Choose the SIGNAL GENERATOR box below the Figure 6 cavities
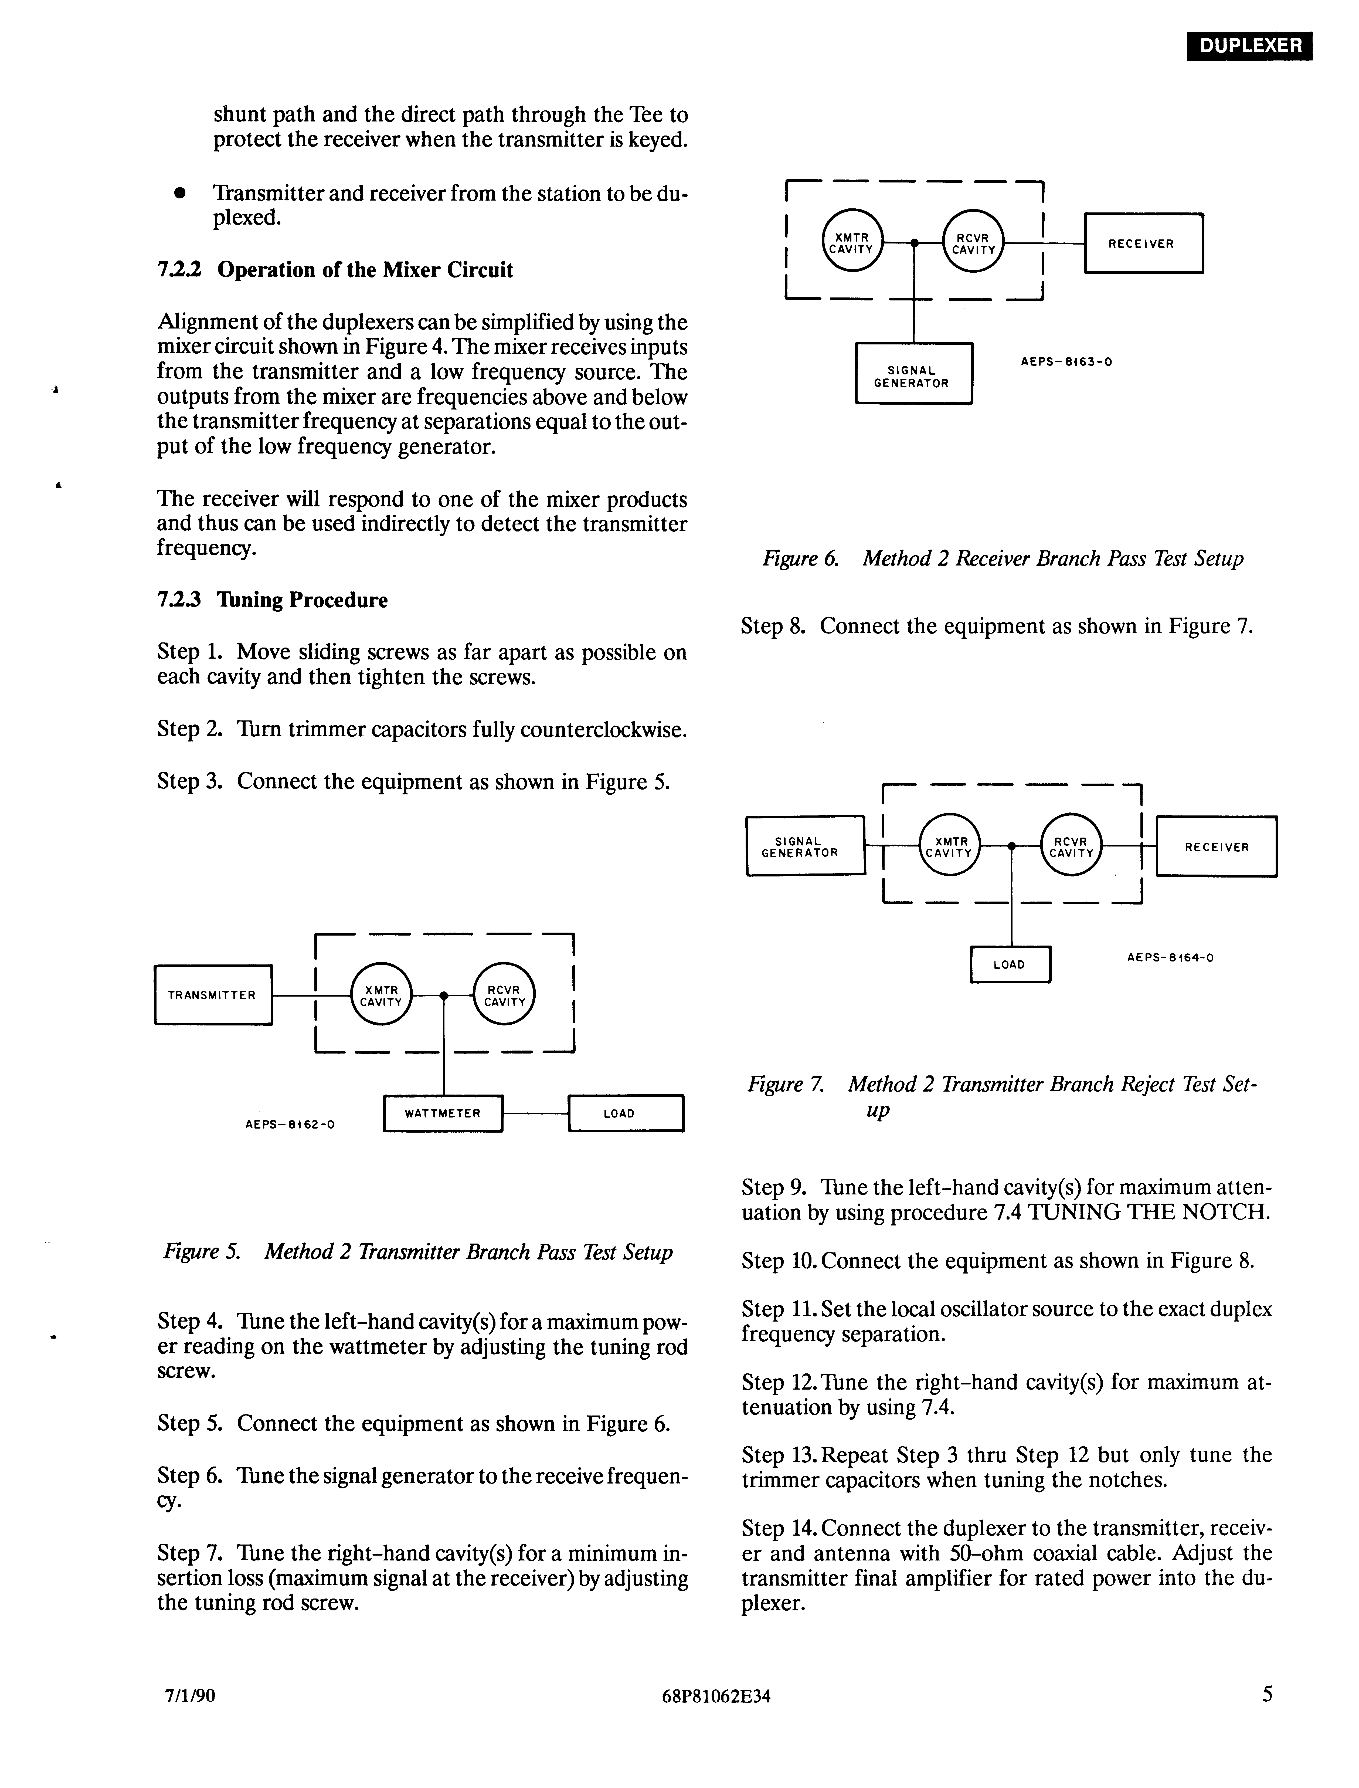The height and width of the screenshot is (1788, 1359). coord(913,374)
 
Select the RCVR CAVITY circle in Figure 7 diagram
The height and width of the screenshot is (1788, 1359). coord(1071,846)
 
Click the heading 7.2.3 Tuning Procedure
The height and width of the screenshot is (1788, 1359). coord(273,600)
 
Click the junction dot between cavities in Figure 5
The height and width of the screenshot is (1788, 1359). coord(443,995)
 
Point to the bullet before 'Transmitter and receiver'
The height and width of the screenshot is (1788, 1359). coord(179,194)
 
